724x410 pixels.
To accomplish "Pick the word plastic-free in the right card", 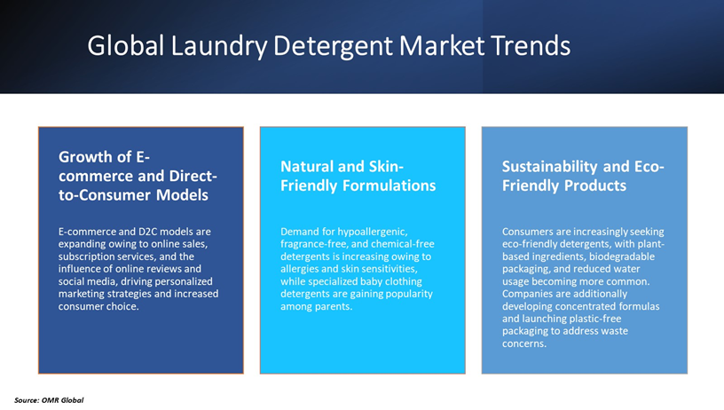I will point(616,319).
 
